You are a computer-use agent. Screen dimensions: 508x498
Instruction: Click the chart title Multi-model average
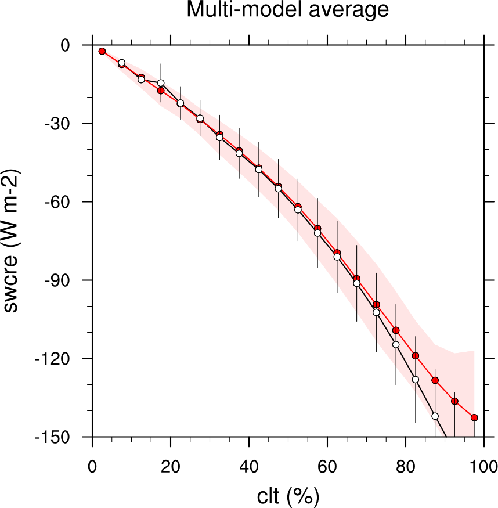point(287,10)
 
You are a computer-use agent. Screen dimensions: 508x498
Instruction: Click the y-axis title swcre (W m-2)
point(12,240)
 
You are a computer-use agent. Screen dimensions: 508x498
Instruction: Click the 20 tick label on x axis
point(171,466)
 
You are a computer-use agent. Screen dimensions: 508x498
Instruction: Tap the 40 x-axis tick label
point(249,466)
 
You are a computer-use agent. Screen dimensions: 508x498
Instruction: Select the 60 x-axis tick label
point(327,466)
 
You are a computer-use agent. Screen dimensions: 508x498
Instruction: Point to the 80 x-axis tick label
point(406,466)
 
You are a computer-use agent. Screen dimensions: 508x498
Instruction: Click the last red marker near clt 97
point(474,417)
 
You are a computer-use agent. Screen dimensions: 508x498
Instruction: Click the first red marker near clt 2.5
point(102,51)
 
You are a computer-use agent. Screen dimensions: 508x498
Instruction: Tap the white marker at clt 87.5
point(435,416)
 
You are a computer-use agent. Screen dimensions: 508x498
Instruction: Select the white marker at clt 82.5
point(416,379)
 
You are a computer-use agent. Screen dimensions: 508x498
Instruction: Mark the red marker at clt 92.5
point(454,401)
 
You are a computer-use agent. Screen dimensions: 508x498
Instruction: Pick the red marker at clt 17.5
point(161,91)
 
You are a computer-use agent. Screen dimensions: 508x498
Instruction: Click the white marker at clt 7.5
point(122,63)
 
